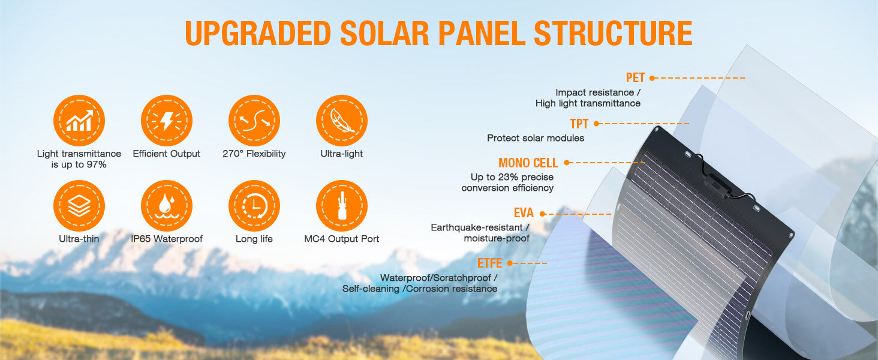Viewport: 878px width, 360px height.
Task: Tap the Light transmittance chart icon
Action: point(79,121)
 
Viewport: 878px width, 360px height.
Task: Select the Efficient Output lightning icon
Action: point(167,121)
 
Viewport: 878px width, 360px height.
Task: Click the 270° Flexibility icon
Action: point(254,121)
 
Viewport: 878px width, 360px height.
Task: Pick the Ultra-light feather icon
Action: point(342,121)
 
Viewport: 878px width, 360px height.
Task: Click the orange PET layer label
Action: point(635,78)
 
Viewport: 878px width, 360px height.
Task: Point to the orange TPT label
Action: point(579,124)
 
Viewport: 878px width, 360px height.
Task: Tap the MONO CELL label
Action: point(528,163)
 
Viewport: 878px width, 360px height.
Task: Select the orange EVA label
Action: point(524,213)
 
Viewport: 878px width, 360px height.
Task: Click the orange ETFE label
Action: point(490,263)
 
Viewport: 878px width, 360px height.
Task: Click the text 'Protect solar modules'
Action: point(536,138)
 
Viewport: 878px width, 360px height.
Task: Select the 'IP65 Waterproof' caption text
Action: point(167,239)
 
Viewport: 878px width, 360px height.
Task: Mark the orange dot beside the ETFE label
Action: point(510,263)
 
